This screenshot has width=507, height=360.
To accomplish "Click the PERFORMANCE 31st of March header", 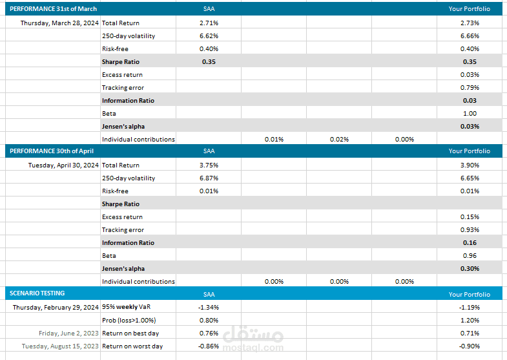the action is (x=53, y=9).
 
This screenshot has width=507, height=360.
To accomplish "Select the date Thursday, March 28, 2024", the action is (x=59, y=23).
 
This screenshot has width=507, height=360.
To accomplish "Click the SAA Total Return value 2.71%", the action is (x=209, y=23).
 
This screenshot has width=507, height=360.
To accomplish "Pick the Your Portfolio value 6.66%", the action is (x=470, y=36).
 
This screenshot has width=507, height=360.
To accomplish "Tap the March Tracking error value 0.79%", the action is (x=470, y=88).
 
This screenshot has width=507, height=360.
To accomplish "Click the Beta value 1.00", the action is (x=470, y=114).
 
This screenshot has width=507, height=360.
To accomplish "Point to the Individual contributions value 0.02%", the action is (x=339, y=140).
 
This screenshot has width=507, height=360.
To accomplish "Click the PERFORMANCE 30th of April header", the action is (x=52, y=151).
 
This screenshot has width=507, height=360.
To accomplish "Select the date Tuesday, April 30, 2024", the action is (x=63, y=165).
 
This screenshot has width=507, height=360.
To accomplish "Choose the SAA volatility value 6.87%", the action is (x=209, y=178).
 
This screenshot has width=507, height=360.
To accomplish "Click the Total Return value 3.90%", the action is (x=470, y=165).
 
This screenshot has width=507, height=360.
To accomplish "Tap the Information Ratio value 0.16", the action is (x=470, y=243).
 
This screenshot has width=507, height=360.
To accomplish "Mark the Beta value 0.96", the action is (x=470, y=256).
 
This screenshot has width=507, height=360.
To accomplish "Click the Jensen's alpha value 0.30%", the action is (x=470, y=269).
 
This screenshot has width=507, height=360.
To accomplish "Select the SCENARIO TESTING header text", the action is (x=37, y=293).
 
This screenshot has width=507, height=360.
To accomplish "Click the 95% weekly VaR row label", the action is (x=127, y=307).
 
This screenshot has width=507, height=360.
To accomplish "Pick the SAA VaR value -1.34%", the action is (x=209, y=307).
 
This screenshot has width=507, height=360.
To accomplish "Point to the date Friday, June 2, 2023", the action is (x=68, y=333).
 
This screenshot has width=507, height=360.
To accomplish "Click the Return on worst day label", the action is (x=132, y=346).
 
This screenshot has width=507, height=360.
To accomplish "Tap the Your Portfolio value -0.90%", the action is (x=470, y=346).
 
